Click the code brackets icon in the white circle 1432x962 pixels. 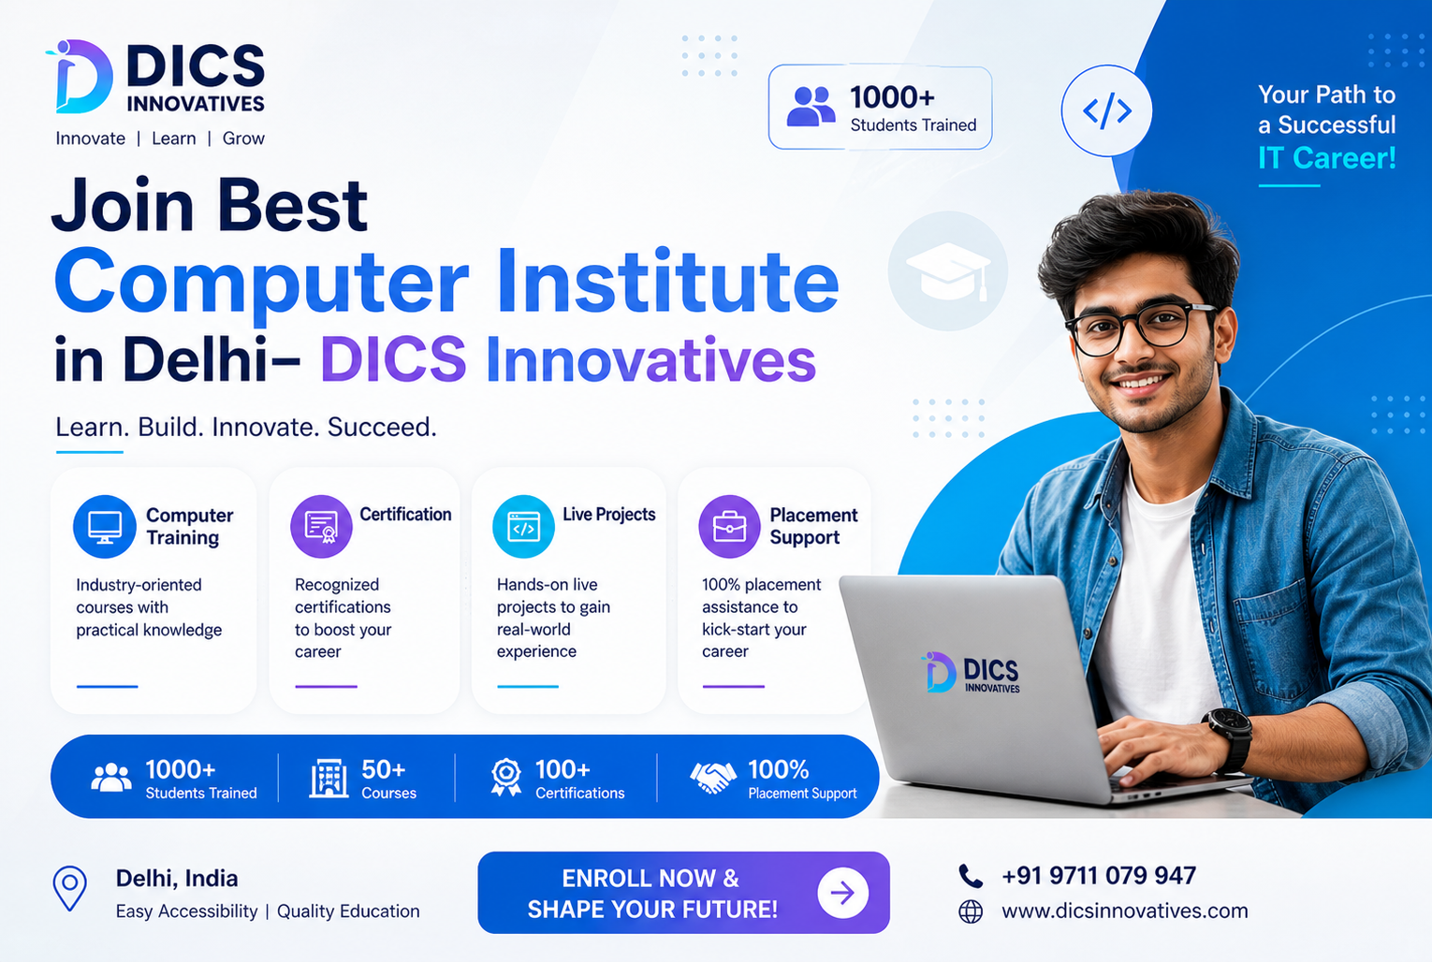(x=1106, y=109)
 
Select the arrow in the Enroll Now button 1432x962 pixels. (x=842, y=893)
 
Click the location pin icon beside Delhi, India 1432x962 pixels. (x=69, y=888)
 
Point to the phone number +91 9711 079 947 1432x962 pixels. (x=1098, y=876)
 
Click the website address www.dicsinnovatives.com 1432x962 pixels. (x=1124, y=911)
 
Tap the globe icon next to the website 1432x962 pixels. (x=971, y=911)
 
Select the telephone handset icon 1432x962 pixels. (x=971, y=876)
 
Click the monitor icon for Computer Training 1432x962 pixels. (x=105, y=527)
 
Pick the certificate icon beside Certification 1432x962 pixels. (x=322, y=527)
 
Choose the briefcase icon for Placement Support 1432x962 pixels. (x=729, y=527)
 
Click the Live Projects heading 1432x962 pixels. (x=608, y=515)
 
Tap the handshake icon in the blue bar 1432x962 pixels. (x=713, y=778)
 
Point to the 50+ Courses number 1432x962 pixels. (x=384, y=769)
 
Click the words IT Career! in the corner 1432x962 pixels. (x=1326, y=158)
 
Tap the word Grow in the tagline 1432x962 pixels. (x=243, y=138)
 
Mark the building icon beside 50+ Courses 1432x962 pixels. (x=329, y=779)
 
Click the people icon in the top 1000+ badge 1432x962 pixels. (x=811, y=106)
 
